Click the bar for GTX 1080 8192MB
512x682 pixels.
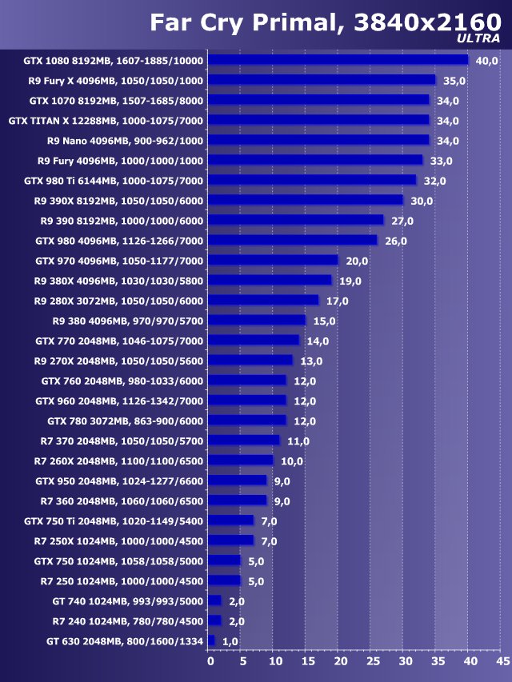coord(338,60)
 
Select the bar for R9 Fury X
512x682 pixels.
coord(322,80)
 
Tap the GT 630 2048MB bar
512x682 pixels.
coord(212,640)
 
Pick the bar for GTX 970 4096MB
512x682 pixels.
coord(274,261)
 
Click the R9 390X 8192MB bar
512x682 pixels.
coord(306,200)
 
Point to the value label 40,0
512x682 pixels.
coord(486,61)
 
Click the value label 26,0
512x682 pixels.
coord(396,241)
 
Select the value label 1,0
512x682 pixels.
coord(230,641)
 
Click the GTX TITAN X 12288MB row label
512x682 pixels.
coord(106,121)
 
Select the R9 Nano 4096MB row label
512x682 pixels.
coord(126,141)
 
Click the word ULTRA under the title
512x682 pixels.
coord(479,38)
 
